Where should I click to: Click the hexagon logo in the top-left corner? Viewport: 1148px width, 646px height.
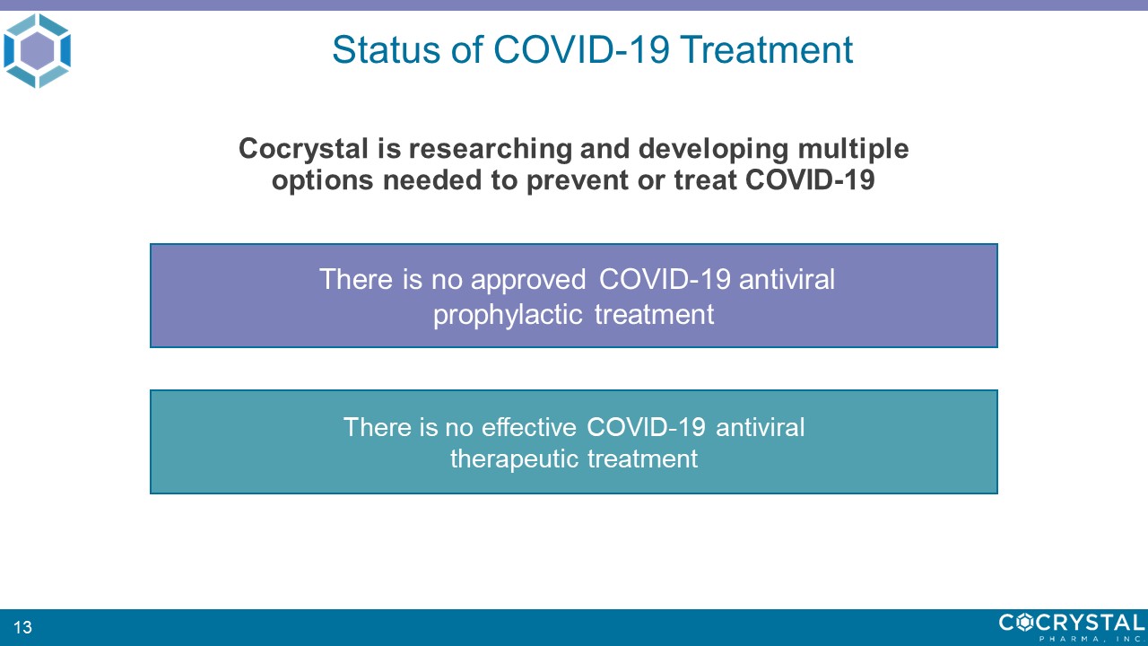coord(37,51)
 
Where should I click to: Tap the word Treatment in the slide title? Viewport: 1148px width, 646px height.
coord(766,49)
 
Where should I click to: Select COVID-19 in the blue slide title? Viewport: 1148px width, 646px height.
coord(581,49)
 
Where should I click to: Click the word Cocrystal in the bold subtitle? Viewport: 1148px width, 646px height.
coord(303,149)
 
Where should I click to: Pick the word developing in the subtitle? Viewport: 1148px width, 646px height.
coord(713,149)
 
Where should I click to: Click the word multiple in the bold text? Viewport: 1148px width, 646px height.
coord(853,149)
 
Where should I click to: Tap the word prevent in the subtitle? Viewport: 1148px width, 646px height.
coord(577,180)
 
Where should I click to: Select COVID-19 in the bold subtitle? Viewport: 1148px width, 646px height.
coord(810,180)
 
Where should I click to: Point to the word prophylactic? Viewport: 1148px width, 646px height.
coord(508,315)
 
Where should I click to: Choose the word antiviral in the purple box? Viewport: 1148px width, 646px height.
coord(787,279)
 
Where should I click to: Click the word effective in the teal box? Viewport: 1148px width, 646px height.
coord(529,427)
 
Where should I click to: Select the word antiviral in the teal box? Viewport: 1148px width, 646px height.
coord(760,427)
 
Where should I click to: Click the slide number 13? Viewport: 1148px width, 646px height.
coord(22,627)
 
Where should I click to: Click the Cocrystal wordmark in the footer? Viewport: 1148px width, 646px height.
coord(1072,623)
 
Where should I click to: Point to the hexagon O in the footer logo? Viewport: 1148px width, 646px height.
coord(1024,623)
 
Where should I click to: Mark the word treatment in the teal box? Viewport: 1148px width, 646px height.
coord(643,458)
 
